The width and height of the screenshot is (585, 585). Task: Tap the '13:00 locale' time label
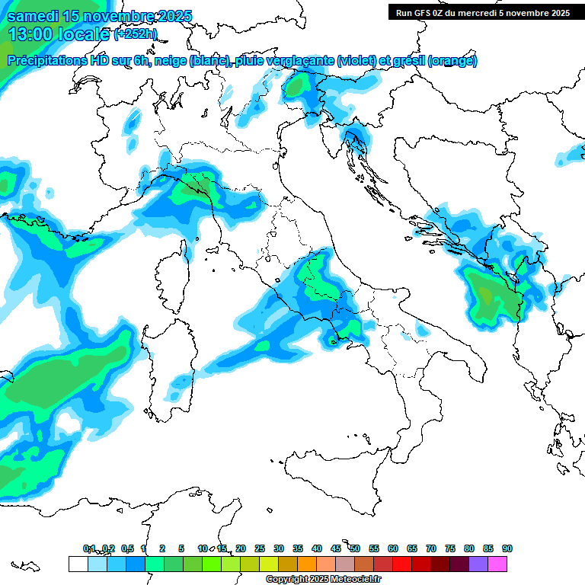[x=59, y=34]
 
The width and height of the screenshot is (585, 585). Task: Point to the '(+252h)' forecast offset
[x=136, y=34]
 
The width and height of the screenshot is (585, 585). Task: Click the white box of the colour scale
[x=78, y=564]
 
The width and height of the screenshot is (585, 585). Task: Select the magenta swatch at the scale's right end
[x=497, y=564]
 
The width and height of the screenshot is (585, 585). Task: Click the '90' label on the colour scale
[x=507, y=548]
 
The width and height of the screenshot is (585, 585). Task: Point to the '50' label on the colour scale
[x=354, y=548]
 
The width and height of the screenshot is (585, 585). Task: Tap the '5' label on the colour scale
[x=181, y=548]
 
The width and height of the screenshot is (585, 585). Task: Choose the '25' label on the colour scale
[x=260, y=548]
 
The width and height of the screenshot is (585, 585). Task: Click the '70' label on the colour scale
[x=430, y=548]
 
